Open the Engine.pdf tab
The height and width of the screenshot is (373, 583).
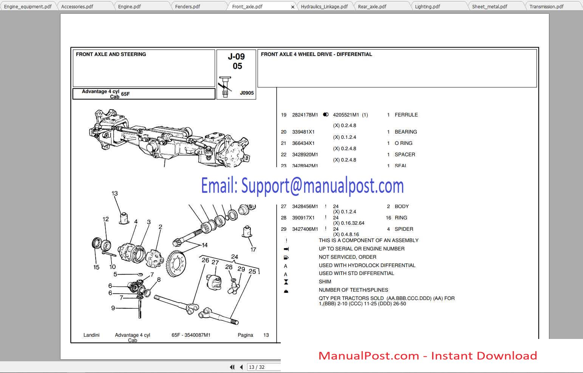[x=129, y=6]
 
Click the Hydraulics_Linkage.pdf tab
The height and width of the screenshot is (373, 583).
[x=324, y=6]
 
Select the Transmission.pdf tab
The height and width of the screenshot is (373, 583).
[x=546, y=6]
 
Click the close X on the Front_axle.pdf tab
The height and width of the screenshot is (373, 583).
[x=292, y=7]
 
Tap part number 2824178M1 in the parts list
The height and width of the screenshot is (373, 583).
[x=305, y=115]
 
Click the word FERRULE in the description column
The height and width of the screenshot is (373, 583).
[x=406, y=115]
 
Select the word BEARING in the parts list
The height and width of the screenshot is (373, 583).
[x=405, y=132]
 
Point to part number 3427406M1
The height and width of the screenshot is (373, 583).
[x=305, y=229]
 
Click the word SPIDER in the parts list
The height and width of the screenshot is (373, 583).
[x=404, y=229]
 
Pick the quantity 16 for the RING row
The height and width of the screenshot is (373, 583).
[x=388, y=218]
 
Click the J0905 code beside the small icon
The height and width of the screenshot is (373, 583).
[x=247, y=93]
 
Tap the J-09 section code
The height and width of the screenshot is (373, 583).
[x=236, y=57]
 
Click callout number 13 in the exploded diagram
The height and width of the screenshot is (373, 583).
[x=114, y=193]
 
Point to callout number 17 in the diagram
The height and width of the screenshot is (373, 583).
[x=253, y=249]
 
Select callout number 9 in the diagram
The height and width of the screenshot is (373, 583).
[x=113, y=308]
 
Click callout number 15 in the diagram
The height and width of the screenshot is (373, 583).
[x=96, y=267]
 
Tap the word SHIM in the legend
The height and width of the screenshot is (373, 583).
[x=325, y=281]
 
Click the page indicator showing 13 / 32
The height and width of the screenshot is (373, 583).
[x=257, y=367]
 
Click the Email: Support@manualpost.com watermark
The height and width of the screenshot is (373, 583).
[x=302, y=186]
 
